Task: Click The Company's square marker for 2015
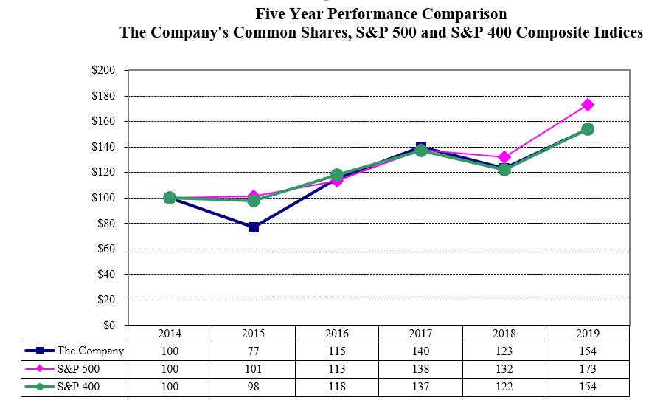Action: pyautogui.click(x=254, y=227)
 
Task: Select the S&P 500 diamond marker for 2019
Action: pyautogui.click(x=588, y=105)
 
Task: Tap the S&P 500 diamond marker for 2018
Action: pyautogui.click(x=504, y=157)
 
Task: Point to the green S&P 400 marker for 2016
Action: pyautogui.click(x=337, y=176)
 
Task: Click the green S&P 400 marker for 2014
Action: pyautogui.click(x=170, y=198)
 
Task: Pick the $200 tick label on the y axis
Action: pyautogui.click(x=104, y=71)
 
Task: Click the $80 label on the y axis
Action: pyautogui.click(x=106, y=224)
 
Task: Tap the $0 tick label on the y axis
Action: pyautogui.click(x=109, y=325)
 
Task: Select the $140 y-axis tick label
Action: pyautogui.click(x=104, y=147)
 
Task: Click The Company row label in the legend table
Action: pyautogui.click(x=90, y=351)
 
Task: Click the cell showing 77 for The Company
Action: pyautogui.click(x=253, y=351)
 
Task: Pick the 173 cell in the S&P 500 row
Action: pyautogui.click(x=587, y=369)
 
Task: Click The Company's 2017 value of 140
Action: pyautogui.click(x=420, y=351)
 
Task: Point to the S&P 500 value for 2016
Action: pyautogui.click(x=337, y=369)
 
